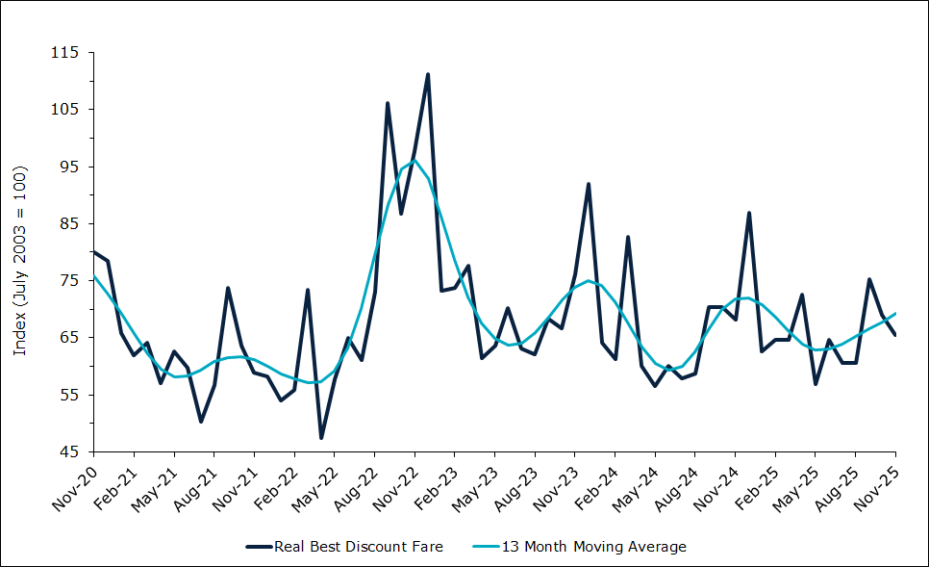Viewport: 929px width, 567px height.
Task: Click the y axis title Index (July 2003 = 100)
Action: [20, 260]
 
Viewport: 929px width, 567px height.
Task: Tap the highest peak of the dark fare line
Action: [428, 74]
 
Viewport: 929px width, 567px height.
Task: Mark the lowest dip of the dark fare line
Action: [321, 438]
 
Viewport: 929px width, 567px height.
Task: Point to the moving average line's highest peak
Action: [414, 160]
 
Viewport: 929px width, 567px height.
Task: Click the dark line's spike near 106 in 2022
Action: [388, 103]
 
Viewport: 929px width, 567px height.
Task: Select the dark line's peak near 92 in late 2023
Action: [589, 184]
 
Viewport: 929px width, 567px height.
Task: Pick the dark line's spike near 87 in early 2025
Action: [749, 213]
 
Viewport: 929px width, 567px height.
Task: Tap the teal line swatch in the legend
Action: [489, 547]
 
